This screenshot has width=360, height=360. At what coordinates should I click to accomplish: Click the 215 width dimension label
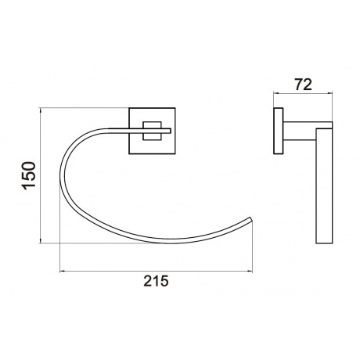pyautogui.click(x=156, y=281)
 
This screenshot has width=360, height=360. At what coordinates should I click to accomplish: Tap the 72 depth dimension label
pyautogui.click(x=303, y=85)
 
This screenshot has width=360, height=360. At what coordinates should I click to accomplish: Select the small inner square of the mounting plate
pyautogui.click(x=152, y=131)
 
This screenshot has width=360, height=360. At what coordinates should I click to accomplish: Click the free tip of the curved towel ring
pyautogui.click(x=251, y=218)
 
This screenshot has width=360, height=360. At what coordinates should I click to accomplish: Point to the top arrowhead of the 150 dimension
pyautogui.click(x=41, y=110)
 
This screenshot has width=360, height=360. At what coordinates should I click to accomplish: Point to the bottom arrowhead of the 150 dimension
pyautogui.click(x=41, y=241)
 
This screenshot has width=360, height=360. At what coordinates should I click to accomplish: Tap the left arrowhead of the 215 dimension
pyautogui.click(x=63, y=272)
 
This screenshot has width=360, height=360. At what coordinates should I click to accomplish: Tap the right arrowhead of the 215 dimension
pyautogui.click(x=250, y=272)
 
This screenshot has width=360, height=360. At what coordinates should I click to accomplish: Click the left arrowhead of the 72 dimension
pyautogui.click(x=276, y=92)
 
